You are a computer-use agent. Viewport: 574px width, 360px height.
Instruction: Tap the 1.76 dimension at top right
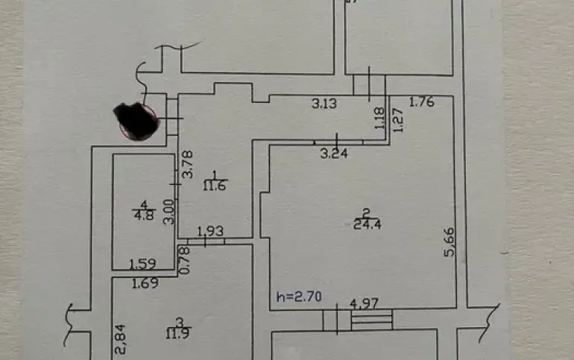422,103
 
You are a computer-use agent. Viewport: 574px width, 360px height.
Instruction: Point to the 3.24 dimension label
334,154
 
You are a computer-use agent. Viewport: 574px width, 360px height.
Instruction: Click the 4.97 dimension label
365,304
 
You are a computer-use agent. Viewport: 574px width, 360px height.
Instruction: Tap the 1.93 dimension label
211,233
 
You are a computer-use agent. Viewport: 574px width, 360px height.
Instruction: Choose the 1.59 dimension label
142,263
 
